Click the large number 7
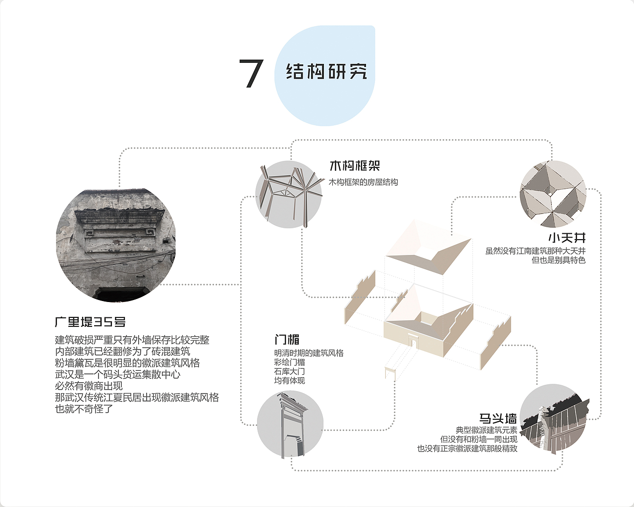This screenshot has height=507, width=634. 251,74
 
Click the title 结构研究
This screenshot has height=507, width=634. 326,71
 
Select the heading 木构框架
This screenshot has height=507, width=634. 355,166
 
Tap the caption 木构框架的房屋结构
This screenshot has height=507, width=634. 364,182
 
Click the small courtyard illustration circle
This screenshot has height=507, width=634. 553,194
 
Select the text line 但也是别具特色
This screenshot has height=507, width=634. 558,260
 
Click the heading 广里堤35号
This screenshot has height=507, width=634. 90,322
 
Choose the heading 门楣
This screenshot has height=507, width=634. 287,340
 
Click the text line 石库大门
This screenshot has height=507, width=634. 289,371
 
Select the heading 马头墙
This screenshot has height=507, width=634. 498,419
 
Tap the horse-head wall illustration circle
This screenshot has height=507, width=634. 554,418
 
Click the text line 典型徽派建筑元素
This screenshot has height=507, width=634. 486,430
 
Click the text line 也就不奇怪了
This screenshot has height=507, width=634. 84,409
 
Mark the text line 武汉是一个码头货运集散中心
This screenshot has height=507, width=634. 118,375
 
